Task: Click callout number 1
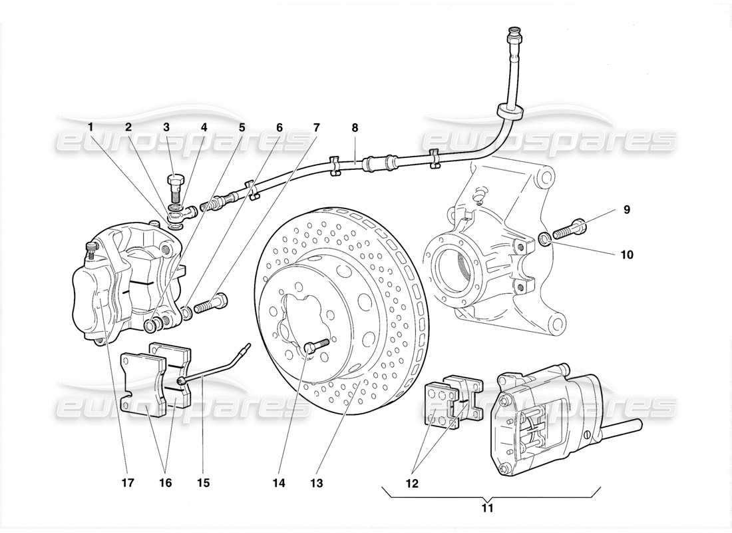coord(91,126)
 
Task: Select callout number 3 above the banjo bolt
coord(166,126)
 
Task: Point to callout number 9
coord(626,209)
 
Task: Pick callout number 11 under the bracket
coord(487,508)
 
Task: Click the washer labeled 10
coord(544,238)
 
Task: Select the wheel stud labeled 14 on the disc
coord(315,346)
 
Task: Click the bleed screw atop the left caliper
coord(91,251)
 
